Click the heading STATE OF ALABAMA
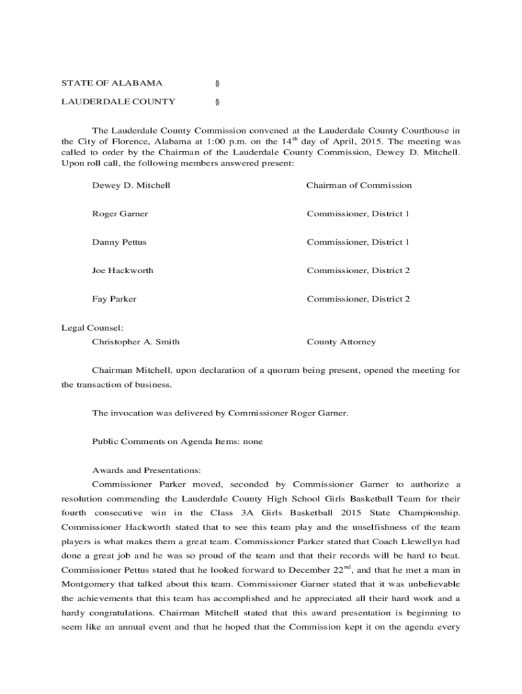point(112,83)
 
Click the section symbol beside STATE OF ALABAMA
point(217,83)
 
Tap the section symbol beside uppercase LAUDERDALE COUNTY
point(217,102)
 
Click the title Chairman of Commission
point(359,186)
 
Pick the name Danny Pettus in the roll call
point(119,243)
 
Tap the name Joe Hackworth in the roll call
point(122,271)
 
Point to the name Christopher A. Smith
point(136,342)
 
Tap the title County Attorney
point(340,342)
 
